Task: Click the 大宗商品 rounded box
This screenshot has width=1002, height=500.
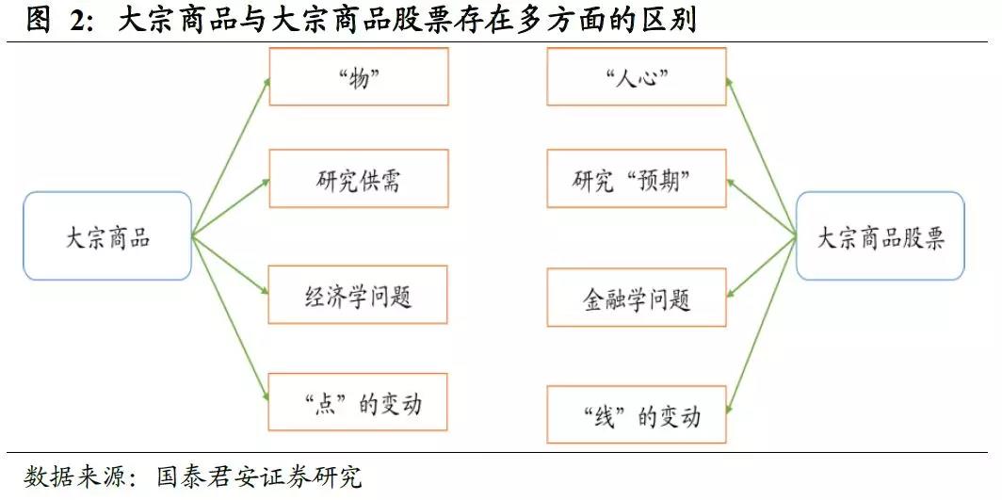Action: [107, 236]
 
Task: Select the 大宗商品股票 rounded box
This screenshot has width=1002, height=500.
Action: [880, 236]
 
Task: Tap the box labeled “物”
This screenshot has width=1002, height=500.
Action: [358, 77]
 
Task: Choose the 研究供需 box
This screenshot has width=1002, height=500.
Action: [358, 178]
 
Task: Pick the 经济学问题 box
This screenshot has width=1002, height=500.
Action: [358, 297]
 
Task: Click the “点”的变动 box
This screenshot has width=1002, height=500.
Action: [358, 404]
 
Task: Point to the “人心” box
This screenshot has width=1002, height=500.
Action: [636, 77]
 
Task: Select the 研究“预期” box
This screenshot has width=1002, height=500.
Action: [636, 178]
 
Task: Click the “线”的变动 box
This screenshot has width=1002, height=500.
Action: [636, 415]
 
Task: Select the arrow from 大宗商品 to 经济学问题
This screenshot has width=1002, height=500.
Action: [231, 266]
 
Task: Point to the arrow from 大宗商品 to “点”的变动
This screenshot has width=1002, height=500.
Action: [231, 319]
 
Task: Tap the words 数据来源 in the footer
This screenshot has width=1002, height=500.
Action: [71, 476]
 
